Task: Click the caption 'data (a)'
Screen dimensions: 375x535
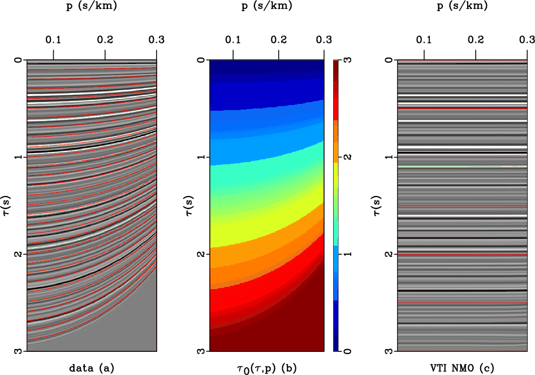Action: pyautogui.click(x=92, y=368)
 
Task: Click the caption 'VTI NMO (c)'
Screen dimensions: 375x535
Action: pyautogui.click(x=462, y=368)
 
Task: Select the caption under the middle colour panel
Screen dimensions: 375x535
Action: pyautogui.click(x=266, y=368)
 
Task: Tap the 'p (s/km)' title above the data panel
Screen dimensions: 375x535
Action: pyautogui.click(x=92, y=7)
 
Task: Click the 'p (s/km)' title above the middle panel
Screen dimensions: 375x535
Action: pyautogui.click(x=266, y=7)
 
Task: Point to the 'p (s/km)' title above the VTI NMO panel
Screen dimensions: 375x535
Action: pyautogui.click(x=462, y=7)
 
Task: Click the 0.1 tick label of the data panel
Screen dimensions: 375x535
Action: pyautogui.click(x=53, y=40)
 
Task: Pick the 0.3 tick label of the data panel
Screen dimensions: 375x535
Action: pyautogui.click(x=157, y=40)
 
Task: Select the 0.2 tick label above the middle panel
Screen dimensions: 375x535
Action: pyautogui.click(x=278, y=40)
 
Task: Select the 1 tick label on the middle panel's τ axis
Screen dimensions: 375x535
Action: pyautogui.click(x=200, y=157)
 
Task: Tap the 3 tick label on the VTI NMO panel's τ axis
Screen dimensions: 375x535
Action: pyautogui.click(x=387, y=351)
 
